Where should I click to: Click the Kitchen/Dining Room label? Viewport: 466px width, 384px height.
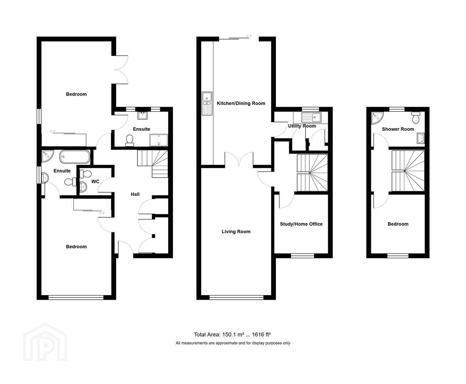[x=241, y=103]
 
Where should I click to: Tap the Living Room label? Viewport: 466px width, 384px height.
[x=236, y=231]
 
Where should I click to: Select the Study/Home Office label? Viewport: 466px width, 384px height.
[x=301, y=224]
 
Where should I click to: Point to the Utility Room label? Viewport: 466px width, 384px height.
[x=302, y=126]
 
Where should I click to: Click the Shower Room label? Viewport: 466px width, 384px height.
[x=398, y=129]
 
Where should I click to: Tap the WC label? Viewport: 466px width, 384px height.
[x=95, y=181]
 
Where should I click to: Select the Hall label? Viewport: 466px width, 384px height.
[x=135, y=194]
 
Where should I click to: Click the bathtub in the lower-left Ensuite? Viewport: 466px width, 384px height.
[x=75, y=157]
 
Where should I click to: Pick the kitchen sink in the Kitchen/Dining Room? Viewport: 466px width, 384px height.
[x=207, y=103]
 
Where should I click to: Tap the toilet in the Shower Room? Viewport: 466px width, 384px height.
[x=415, y=117]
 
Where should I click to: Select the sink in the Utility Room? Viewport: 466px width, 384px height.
[x=311, y=117]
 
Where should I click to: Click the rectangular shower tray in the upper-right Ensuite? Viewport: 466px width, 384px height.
[x=159, y=140]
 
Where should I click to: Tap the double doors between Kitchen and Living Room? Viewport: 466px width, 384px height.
[x=239, y=159]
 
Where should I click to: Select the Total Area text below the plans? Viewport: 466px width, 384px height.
[x=232, y=335]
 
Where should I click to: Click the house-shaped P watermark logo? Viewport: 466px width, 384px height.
[x=45, y=342]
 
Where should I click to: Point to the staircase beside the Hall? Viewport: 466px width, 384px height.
[x=152, y=164]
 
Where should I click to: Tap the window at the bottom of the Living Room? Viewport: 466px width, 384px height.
[x=237, y=297]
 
